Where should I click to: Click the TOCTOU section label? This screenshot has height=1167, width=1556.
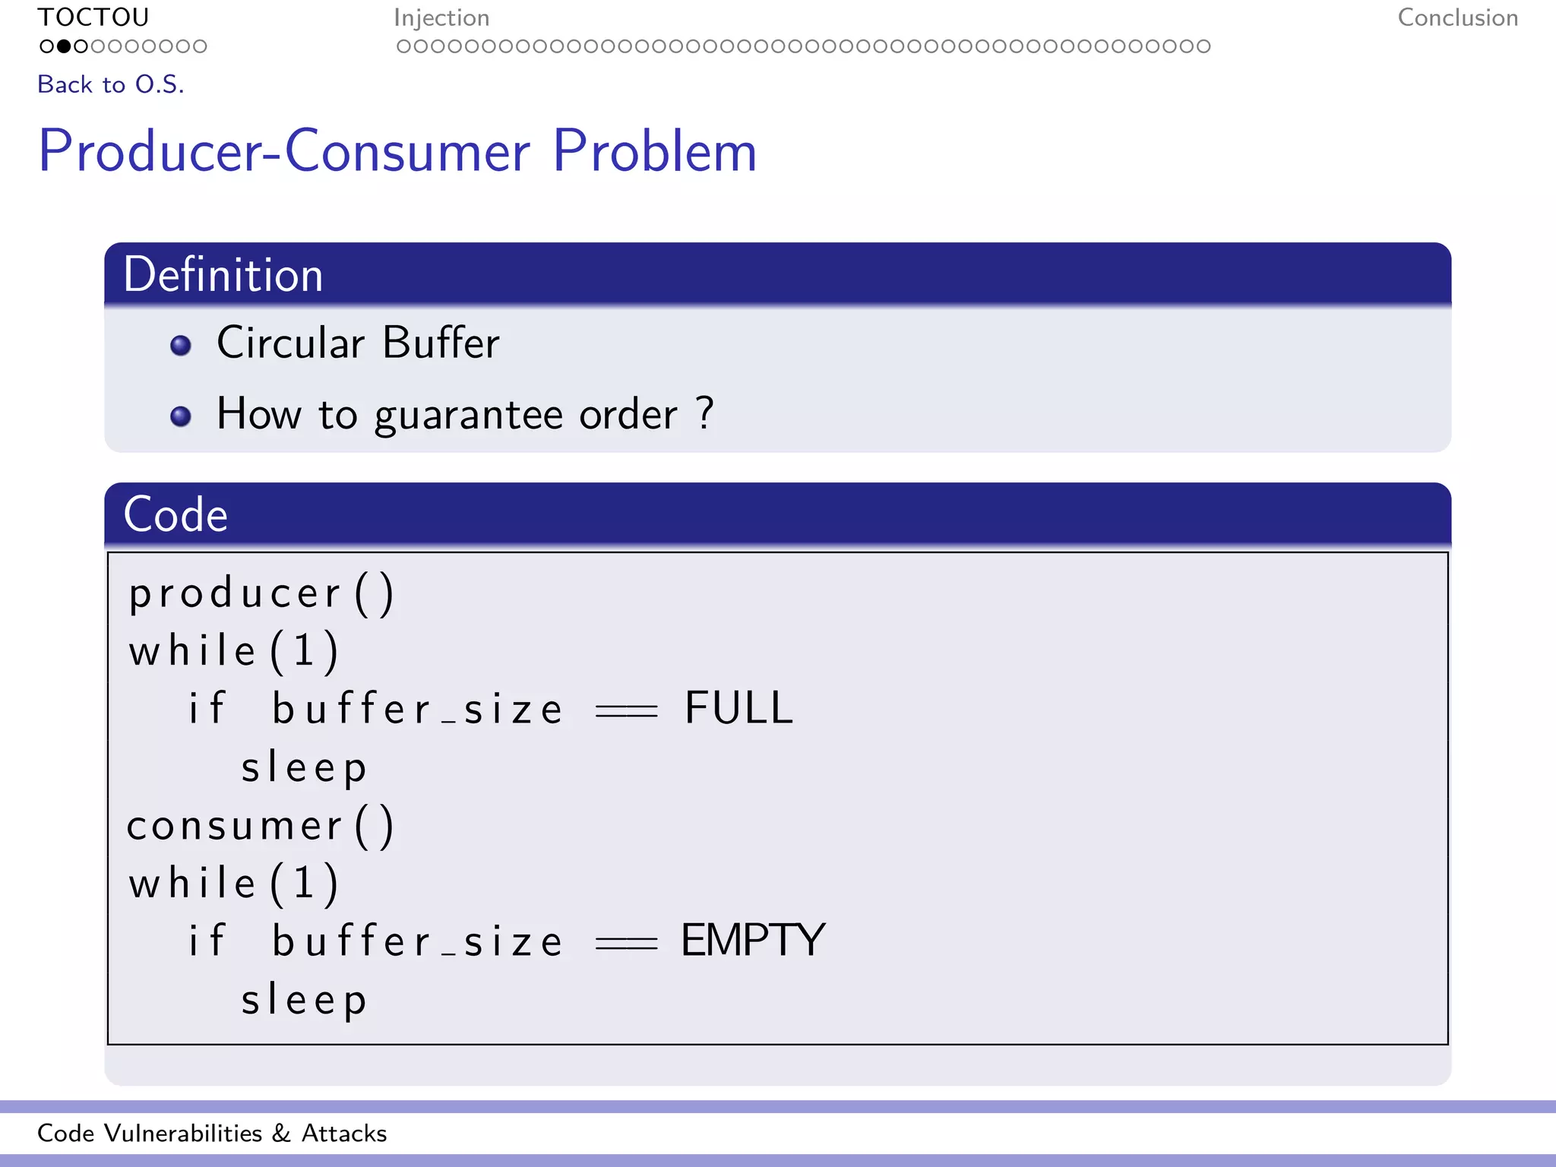[x=93, y=17]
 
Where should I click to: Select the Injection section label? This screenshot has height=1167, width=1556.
[x=441, y=17]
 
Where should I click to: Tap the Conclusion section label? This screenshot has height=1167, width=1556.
[x=1457, y=17]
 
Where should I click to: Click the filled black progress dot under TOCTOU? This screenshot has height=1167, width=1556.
[x=64, y=46]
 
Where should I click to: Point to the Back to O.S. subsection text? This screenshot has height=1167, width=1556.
[x=111, y=84]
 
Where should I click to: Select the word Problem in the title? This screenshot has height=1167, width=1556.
[x=654, y=151]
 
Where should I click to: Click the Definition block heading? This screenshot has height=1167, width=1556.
[x=223, y=275]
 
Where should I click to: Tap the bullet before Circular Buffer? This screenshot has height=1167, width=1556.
[x=181, y=346]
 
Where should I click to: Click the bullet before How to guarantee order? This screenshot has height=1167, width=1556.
[x=181, y=416]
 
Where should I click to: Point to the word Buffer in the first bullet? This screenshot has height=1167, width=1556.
[x=441, y=343]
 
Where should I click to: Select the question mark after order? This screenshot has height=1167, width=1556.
[x=705, y=413]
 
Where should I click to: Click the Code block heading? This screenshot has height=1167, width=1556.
[x=176, y=515]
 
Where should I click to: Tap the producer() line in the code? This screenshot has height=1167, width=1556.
[x=261, y=593]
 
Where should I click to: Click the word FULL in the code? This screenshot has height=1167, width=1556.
[x=738, y=708]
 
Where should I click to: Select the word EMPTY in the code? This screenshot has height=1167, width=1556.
[x=752, y=941]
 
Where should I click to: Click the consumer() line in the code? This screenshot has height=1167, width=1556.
[x=261, y=826]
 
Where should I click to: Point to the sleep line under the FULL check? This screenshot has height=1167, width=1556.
[x=304, y=768]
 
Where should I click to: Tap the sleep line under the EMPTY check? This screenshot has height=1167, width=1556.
[x=304, y=1001]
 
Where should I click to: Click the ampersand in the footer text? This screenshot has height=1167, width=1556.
[x=281, y=1134]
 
